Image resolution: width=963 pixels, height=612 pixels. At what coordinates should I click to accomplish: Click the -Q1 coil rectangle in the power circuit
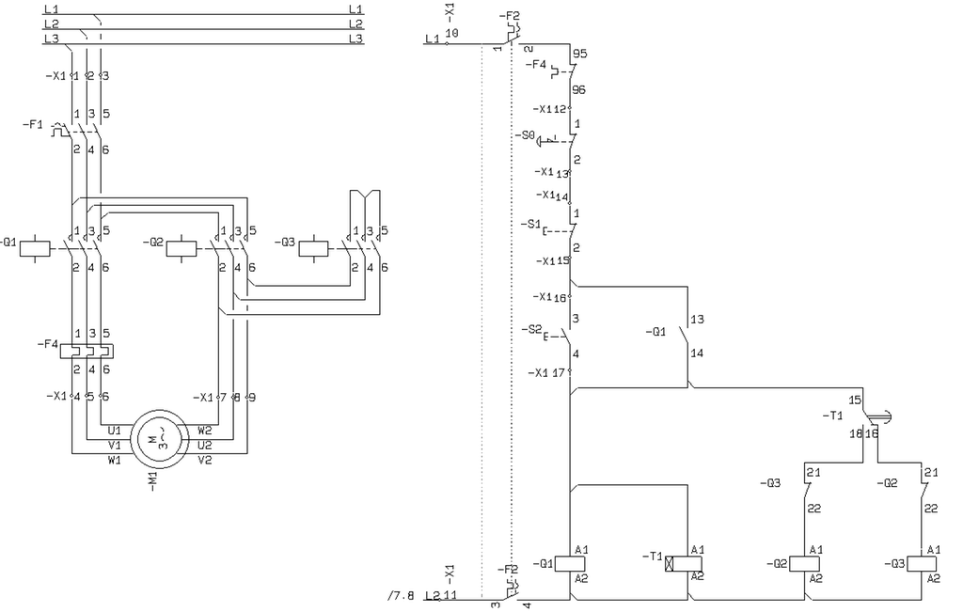pyautogui.click(x=35, y=248)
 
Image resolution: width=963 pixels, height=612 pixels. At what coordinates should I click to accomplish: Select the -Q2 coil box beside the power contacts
pyautogui.click(x=181, y=248)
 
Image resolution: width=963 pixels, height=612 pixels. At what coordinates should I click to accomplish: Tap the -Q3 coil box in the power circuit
pyautogui.click(x=313, y=248)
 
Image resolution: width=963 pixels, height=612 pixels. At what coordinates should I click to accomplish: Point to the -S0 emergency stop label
pyautogui.click(x=524, y=136)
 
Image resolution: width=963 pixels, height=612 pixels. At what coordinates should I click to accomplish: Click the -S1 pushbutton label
pyautogui.click(x=529, y=224)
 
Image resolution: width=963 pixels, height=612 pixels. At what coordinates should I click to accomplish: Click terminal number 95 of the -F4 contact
pyautogui.click(x=579, y=55)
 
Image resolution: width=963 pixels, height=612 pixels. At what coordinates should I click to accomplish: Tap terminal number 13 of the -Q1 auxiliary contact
pyautogui.click(x=697, y=320)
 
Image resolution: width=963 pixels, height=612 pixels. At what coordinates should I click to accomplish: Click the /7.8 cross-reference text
pyautogui.click(x=401, y=595)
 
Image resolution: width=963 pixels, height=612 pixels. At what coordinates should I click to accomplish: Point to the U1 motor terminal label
pyautogui.click(x=115, y=430)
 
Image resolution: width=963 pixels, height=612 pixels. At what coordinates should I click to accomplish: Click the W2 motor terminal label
pyautogui.click(x=204, y=430)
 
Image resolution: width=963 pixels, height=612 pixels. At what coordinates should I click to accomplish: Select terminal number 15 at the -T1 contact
pyautogui.click(x=854, y=400)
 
